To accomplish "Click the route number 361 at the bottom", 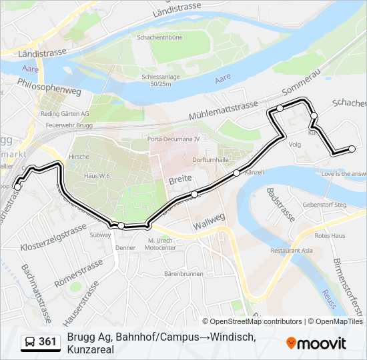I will (47, 342).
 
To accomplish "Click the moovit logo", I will (316, 343).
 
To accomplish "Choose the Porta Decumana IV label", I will (173, 139).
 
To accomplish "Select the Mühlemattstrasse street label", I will (222, 109).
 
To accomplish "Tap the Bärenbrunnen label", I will (183, 273).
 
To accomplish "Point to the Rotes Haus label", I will (330, 235).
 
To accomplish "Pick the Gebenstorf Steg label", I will (324, 205).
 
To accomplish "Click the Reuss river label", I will (329, 299).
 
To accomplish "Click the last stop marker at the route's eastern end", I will (352, 149).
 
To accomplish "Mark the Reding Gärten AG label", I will (65, 114).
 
